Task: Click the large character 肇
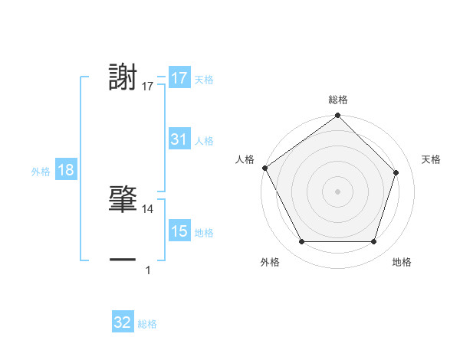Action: (123, 199)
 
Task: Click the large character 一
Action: (123, 260)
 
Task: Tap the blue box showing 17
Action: (179, 78)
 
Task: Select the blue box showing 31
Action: (179, 139)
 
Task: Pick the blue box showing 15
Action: (179, 231)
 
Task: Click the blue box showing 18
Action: (66, 170)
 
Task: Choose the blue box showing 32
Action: (123, 322)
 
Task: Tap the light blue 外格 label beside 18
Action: (41, 172)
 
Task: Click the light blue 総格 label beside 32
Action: (148, 324)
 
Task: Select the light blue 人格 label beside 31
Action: (204, 141)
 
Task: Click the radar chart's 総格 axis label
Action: (338, 100)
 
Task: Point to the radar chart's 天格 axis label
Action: (432, 159)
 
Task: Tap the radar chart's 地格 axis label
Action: (402, 262)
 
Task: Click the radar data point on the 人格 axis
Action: (264, 168)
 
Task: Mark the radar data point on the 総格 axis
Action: (338, 116)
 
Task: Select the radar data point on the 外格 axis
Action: (301, 242)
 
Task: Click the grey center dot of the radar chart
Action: (338, 191)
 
